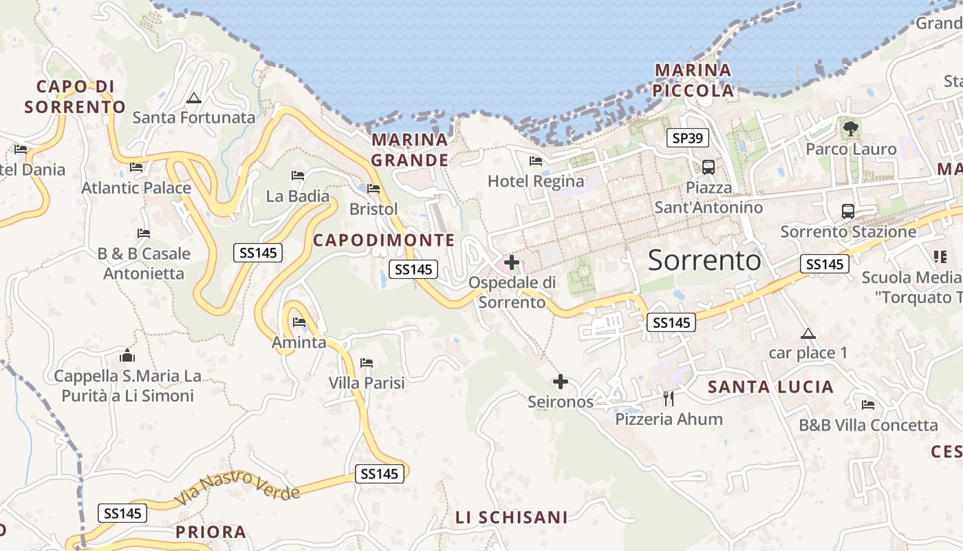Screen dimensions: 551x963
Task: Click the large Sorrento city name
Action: tap(704, 260)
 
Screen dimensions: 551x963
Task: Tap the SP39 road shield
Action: tap(687, 138)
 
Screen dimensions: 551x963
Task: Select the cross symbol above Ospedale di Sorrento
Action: tap(512, 262)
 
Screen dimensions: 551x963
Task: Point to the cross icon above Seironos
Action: tap(561, 381)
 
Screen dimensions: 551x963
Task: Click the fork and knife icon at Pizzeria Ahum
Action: tap(668, 398)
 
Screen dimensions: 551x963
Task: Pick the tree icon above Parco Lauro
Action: tap(851, 127)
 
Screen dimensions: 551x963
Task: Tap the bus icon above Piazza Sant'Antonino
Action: tap(708, 167)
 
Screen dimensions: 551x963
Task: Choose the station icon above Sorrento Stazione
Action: tap(847, 211)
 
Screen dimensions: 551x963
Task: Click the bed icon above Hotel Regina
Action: tap(536, 161)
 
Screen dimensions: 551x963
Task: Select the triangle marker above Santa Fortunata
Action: tap(193, 98)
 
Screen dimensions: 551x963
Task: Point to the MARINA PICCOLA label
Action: tap(693, 80)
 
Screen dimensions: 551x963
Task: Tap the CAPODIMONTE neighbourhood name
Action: tap(384, 240)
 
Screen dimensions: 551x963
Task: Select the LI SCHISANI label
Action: tap(512, 517)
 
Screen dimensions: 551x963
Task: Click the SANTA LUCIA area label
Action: tap(770, 387)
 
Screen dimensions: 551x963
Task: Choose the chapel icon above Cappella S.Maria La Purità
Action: tap(127, 355)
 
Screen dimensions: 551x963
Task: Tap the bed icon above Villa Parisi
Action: tap(367, 363)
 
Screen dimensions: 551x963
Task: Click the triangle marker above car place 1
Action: tap(808, 334)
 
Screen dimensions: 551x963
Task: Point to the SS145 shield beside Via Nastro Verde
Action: tap(380, 474)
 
